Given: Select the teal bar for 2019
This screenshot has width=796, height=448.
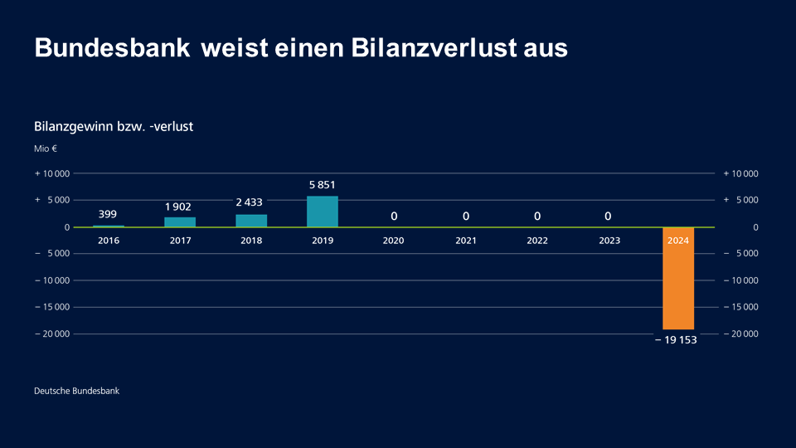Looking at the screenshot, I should [x=323, y=212].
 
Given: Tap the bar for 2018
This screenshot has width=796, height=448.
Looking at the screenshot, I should [x=251, y=221].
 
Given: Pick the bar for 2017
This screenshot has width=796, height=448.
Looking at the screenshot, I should [x=180, y=222].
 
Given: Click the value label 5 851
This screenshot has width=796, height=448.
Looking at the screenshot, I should [x=323, y=185].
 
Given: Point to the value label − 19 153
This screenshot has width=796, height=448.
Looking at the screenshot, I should [x=676, y=340].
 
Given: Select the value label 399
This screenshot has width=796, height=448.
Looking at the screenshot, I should [x=108, y=214].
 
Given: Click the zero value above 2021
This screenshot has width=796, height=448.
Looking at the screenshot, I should [x=466, y=217].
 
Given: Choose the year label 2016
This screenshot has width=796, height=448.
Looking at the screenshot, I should [x=108, y=241].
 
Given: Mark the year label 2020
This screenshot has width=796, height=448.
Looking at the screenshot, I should [x=394, y=241].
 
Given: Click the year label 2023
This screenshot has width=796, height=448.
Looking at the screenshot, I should [x=608, y=241].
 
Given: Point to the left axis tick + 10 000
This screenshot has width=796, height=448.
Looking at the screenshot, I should [x=51, y=173].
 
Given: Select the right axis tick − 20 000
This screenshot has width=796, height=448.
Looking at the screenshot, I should [x=742, y=334].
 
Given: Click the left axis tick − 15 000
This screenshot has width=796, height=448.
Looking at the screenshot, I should [x=51, y=308].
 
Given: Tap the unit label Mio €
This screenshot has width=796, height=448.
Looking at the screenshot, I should [x=46, y=149].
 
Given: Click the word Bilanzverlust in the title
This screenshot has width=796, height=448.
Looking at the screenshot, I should [x=425, y=48].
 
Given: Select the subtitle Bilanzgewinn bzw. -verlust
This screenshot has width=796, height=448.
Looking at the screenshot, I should [x=114, y=127].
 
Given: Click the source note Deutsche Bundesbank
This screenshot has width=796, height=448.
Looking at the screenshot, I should [x=76, y=391].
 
